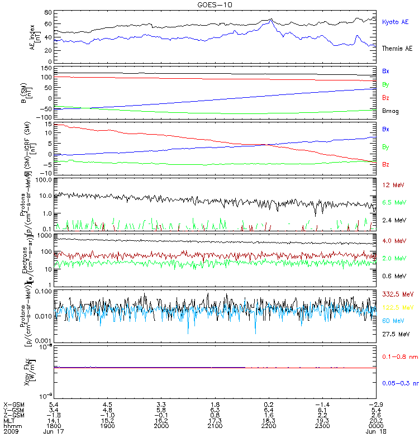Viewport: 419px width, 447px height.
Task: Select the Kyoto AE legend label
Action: tap(395, 22)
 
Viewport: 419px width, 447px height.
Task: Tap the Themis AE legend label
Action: tap(396, 49)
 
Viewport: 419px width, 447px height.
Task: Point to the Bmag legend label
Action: tap(389, 111)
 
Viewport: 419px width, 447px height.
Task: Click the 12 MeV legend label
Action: tap(392, 184)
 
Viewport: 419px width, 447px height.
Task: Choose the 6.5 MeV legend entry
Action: tap(393, 202)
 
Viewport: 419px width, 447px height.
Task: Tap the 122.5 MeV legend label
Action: tap(396, 307)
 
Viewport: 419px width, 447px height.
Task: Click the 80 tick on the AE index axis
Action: tap(49, 12)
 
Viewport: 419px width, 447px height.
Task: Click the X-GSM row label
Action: tap(14, 404)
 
